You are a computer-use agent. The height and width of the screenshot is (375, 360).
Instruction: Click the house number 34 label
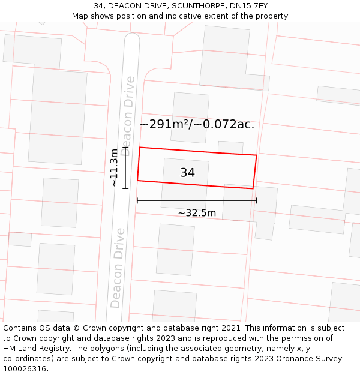[x=187, y=173]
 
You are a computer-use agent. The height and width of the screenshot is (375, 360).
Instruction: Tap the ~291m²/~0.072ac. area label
[x=197, y=125]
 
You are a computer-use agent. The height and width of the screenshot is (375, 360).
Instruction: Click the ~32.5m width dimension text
[x=197, y=212]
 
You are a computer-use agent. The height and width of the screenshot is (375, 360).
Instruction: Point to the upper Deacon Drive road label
[x=127, y=116]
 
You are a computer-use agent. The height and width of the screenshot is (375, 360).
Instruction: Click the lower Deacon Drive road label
[x=118, y=268]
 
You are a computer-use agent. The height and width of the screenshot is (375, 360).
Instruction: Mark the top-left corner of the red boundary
[x=140, y=148]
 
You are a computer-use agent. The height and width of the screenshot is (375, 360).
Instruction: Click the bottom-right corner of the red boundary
[x=253, y=188]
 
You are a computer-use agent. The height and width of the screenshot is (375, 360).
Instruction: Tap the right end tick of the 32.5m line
[x=256, y=200]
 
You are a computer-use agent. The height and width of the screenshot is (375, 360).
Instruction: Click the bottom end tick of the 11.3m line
[x=125, y=188]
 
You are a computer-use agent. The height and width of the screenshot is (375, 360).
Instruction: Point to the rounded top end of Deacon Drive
[x=132, y=37]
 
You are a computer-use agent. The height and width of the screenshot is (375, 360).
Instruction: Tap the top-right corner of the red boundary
[x=256, y=155]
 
